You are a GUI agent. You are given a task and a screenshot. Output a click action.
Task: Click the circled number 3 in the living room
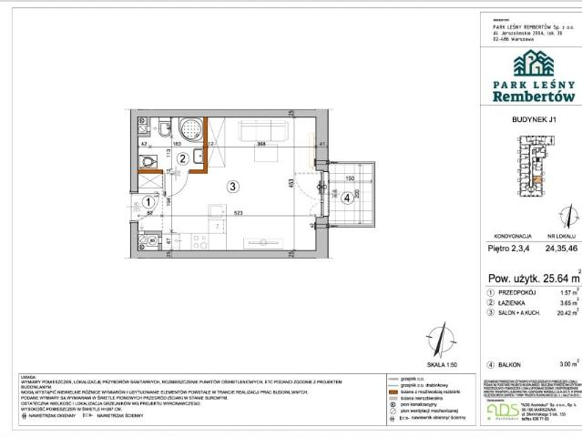(x=233, y=188)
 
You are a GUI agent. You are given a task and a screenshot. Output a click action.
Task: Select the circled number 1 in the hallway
(x=148, y=203)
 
